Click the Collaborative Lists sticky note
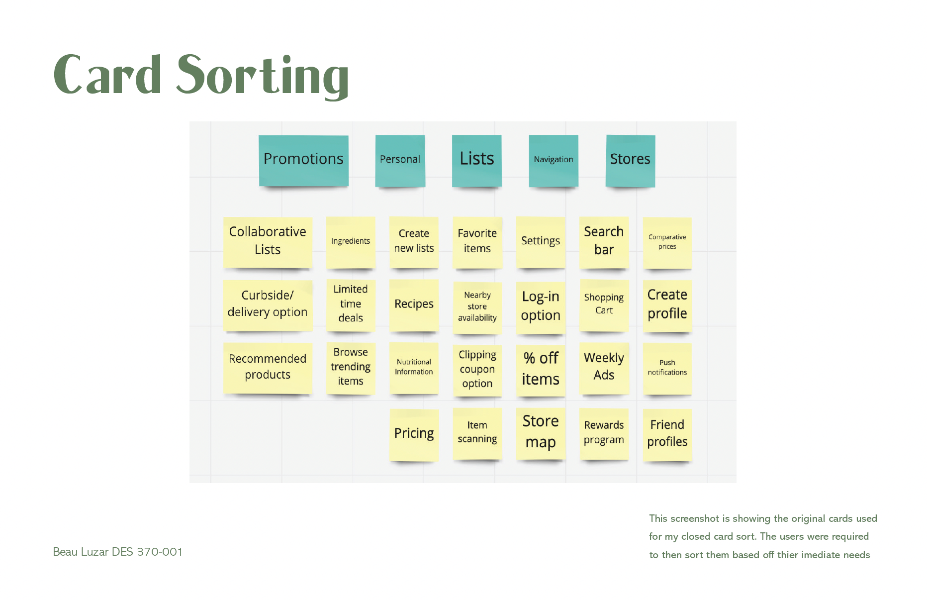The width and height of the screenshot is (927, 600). pyautogui.click(x=268, y=242)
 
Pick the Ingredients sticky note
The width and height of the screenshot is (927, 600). pyautogui.click(x=351, y=242)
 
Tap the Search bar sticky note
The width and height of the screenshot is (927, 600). pyautogui.click(x=604, y=242)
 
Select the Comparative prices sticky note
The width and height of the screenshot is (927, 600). pyautogui.click(x=667, y=242)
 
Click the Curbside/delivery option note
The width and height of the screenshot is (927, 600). pyautogui.click(x=268, y=304)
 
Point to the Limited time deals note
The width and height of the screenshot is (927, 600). pyautogui.click(x=351, y=304)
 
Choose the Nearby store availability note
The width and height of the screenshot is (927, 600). pyautogui.click(x=477, y=307)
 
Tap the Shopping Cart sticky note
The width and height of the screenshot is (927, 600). pyautogui.click(x=604, y=304)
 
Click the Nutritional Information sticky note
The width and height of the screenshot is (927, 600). pyautogui.click(x=414, y=368)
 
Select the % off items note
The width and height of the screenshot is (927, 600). pyautogui.click(x=541, y=370)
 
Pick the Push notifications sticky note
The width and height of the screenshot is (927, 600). pyautogui.click(x=667, y=368)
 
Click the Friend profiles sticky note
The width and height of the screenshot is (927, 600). pyautogui.click(x=667, y=434)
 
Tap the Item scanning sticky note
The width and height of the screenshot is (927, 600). pyautogui.click(x=477, y=433)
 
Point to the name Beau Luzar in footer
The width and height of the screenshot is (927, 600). pyautogui.click(x=81, y=552)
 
